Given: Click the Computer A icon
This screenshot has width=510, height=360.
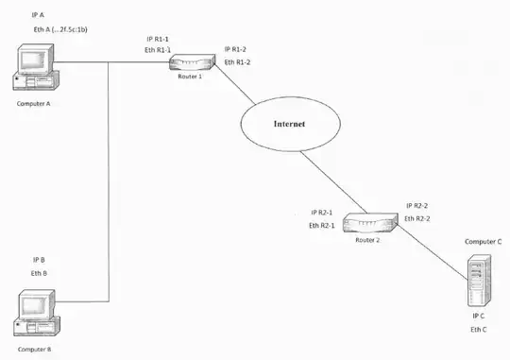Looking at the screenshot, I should click(x=32, y=71).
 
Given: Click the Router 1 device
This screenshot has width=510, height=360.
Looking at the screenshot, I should click(x=192, y=62).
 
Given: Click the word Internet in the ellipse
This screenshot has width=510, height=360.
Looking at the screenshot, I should click(x=291, y=125).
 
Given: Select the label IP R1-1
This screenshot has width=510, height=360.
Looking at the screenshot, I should click(x=159, y=38).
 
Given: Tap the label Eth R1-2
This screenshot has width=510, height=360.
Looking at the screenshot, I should click(x=237, y=61).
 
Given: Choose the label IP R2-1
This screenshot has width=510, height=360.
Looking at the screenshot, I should click(x=321, y=213).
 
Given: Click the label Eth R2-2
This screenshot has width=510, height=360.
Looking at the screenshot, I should click(x=416, y=219).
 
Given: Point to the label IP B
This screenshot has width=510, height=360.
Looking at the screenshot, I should click(x=40, y=258).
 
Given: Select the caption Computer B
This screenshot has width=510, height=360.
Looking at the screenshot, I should click(x=35, y=350).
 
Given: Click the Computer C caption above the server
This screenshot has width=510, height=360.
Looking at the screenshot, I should click(x=482, y=242).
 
